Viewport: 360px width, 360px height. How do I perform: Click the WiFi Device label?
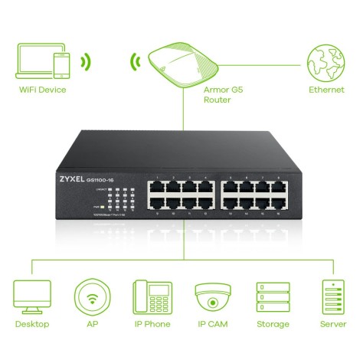[43, 90]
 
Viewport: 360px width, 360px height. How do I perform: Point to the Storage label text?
[273, 325]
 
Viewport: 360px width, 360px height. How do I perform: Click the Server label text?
[332, 325]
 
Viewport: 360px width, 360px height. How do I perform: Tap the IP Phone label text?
[152, 325]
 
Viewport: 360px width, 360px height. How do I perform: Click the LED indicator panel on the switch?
[120, 198]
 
